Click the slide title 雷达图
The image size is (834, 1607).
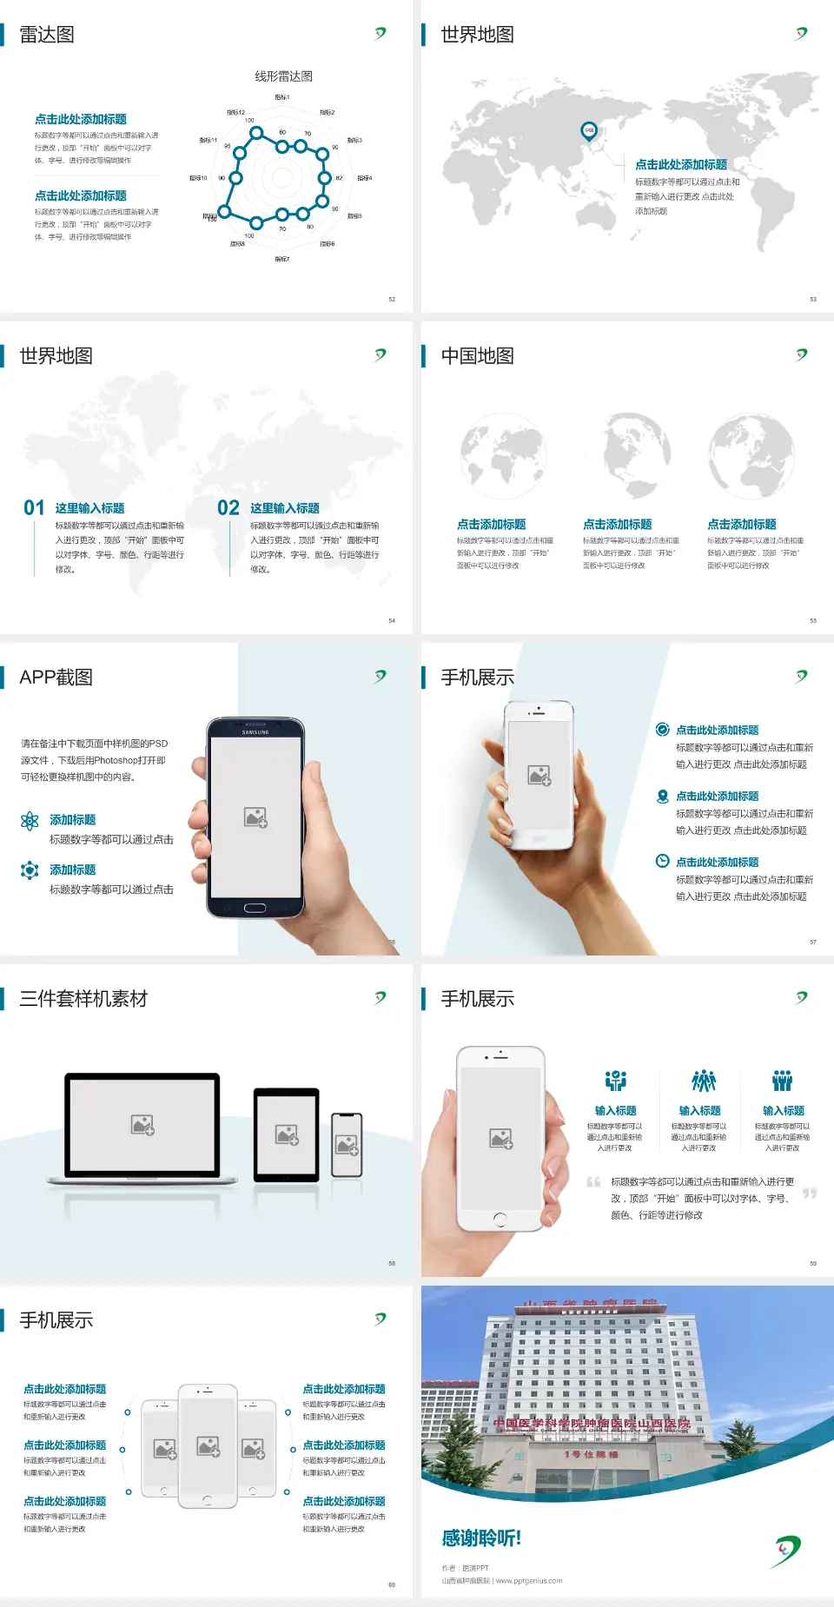point(47,35)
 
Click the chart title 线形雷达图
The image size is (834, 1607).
point(283,76)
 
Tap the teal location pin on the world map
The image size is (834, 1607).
point(589,131)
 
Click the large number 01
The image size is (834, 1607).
point(34,507)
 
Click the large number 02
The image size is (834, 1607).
point(228,507)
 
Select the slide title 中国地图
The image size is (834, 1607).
point(477,356)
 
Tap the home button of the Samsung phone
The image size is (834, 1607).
point(255,908)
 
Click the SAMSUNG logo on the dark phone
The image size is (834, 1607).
point(255,732)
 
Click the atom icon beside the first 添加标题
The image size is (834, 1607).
point(30,821)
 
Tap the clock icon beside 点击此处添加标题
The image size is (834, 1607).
point(662,861)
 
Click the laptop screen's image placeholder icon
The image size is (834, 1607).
point(142,1125)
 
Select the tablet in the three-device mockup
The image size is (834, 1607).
point(286,1134)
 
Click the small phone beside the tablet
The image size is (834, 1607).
point(347,1145)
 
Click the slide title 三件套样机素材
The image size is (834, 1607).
point(83,999)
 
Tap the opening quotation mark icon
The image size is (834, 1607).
point(593,1182)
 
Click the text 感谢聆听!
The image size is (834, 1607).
point(481,1538)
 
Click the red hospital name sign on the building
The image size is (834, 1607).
point(591,1424)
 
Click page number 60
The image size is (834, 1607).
point(392,1584)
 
